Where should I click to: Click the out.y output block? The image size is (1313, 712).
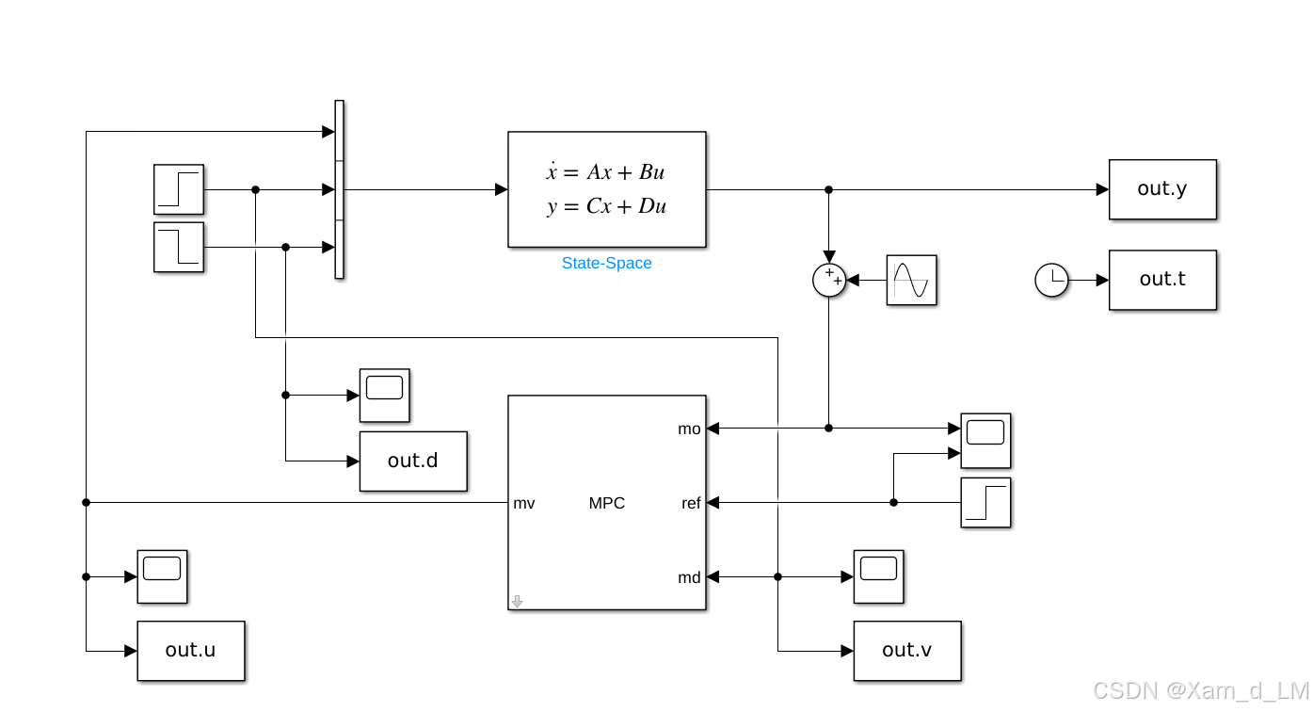point(1162,189)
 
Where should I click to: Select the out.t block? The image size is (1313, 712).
point(1162,280)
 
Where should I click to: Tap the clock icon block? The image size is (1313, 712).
point(1051,280)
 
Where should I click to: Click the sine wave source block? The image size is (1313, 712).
point(911,281)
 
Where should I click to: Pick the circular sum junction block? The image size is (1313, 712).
point(829,280)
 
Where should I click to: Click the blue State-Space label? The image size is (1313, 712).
point(606,263)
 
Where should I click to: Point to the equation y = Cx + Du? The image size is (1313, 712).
point(606,206)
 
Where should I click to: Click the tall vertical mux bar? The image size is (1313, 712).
point(339,189)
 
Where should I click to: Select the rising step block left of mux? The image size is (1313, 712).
point(179,189)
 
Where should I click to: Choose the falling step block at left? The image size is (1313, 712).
point(179,247)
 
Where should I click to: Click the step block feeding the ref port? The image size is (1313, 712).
point(985,502)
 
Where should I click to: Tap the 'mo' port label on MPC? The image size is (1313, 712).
point(689,429)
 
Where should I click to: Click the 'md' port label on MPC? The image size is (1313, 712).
point(689,578)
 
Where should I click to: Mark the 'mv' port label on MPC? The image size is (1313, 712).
point(524,504)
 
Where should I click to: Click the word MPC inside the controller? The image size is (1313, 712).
point(606,503)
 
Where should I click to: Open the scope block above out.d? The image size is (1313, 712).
point(384,395)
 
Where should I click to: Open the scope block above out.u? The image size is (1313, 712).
point(162,576)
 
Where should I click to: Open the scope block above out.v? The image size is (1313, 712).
point(878,576)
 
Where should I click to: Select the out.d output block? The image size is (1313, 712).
point(413,461)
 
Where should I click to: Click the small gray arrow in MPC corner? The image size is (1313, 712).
point(517,601)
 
